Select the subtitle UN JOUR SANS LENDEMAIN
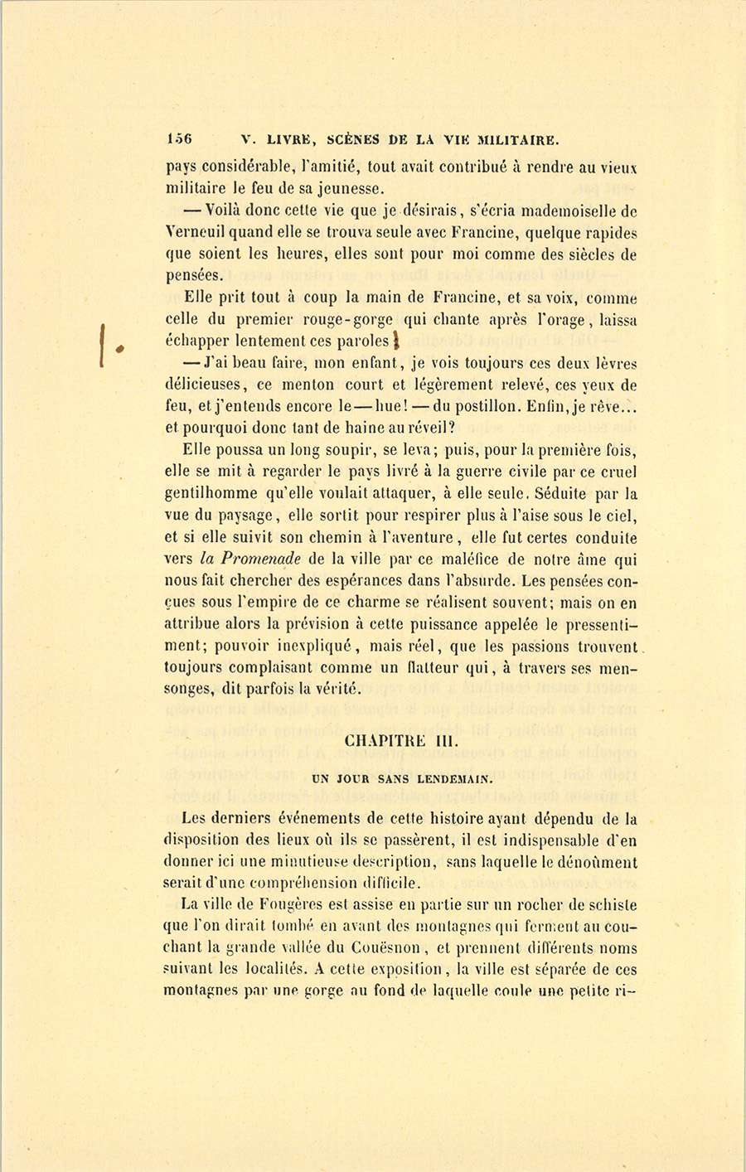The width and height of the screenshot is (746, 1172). (x=402, y=779)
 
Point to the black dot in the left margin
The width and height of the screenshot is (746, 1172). (x=119, y=349)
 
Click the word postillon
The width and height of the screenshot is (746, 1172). (x=492, y=406)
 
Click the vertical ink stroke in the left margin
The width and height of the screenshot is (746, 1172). (x=103, y=343)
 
